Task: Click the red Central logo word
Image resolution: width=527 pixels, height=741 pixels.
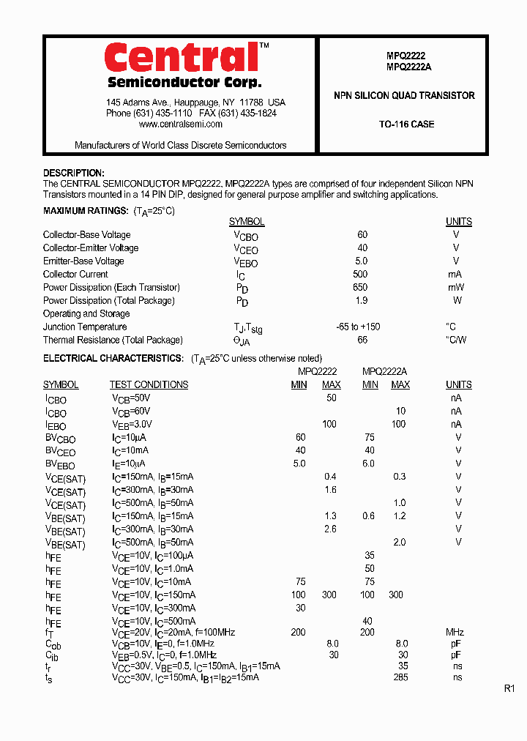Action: (x=182, y=57)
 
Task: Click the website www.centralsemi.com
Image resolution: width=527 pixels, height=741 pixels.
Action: (x=181, y=124)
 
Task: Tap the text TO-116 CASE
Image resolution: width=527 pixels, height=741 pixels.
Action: (x=406, y=124)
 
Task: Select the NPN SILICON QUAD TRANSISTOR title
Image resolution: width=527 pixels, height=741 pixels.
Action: (x=404, y=96)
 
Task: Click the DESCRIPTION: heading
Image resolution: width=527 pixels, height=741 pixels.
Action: (x=74, y=173)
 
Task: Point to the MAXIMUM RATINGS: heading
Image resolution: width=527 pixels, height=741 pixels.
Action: (x=86, y=211)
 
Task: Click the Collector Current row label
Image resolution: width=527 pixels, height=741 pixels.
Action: (x=75, y=275)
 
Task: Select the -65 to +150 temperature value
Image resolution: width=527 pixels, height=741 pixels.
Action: (x=358, y=327)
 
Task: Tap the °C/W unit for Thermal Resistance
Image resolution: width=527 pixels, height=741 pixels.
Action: (x=456, y=340)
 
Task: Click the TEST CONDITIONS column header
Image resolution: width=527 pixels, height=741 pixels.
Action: (x=149, y=385)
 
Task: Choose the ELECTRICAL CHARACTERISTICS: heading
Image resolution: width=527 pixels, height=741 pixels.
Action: (x=113, y=359)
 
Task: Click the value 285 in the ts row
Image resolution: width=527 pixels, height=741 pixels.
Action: (x=400, y=678)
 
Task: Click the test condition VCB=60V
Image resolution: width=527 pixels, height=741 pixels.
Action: (x=132, y=412)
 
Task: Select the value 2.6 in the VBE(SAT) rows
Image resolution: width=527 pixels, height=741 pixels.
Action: (x=330, y=529)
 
